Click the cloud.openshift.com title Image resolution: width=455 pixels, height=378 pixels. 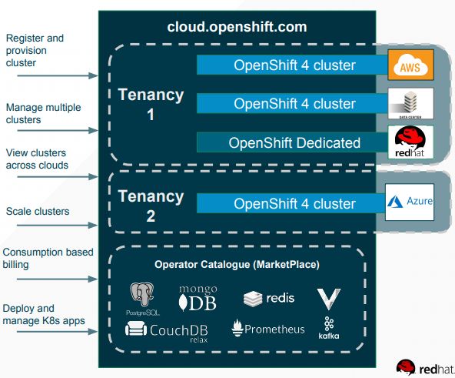tap(237, 27)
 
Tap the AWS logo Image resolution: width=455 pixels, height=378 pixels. tap(410, 65)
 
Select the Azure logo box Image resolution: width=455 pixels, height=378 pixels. tap(410, 202)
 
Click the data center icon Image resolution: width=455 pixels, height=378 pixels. tap(410, 103)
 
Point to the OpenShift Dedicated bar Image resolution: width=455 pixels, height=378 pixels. tap(294, 142)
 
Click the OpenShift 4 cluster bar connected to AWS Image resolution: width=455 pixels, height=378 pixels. tap(294, 65)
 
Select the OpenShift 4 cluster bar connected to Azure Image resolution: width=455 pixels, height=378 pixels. tap(294, 204)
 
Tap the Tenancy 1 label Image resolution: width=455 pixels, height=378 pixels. tap(151, 105)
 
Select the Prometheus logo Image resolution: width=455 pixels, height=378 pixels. tap(267, 329)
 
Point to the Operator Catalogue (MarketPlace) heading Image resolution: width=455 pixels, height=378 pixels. tap(237, 265)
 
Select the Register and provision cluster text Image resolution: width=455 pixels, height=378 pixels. tap(35, 50)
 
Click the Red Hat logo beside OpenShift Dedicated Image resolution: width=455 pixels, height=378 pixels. tap(410, 142)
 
